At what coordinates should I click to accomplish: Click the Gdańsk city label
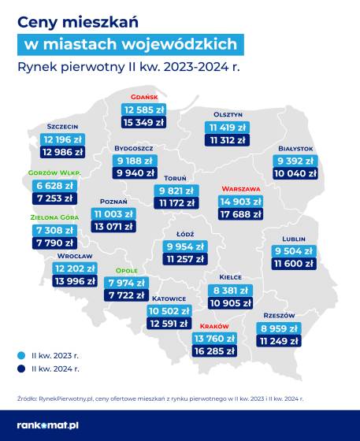coord(144,97)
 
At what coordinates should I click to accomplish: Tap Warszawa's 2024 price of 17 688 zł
coord(241,214)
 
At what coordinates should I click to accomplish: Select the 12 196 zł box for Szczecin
coord(62,139)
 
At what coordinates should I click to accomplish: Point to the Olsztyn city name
coord(228,114)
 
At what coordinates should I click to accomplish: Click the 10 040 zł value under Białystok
coord(295,173)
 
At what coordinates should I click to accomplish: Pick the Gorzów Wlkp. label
coord(54,172)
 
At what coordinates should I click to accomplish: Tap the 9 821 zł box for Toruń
coord(176,191)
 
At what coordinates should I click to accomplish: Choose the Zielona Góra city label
coord(54,217)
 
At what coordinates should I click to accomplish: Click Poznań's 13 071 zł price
coord(113,227)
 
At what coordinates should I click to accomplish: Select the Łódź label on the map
coord(185,234)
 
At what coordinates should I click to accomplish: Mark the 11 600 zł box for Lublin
coord(294,264)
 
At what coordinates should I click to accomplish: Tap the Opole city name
coord(127,271)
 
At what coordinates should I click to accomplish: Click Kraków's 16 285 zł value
coord(214,351)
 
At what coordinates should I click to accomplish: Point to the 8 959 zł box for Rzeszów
coord(279,328)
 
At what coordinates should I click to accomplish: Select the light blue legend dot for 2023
coord(21,355)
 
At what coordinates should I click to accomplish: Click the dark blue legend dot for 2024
coord(21,369)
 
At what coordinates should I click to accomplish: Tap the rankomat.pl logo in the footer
coord(48,425)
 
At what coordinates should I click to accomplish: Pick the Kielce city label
coord(230,277)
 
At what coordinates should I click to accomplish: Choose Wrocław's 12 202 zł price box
coord(75,269)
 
